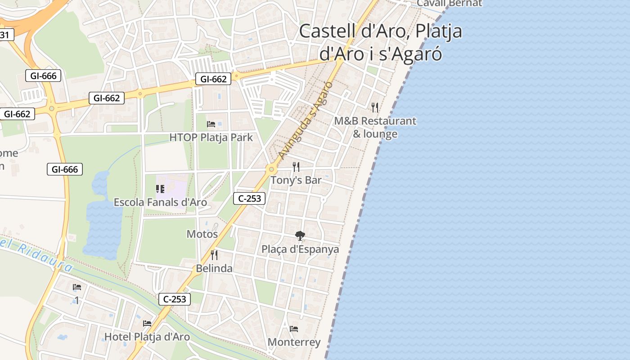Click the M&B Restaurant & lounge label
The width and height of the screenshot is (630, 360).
[375, 127]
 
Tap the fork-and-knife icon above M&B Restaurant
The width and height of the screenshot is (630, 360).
[375, 108]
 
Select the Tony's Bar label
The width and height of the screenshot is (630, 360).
[296, 180]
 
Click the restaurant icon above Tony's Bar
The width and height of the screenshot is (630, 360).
[296, 167]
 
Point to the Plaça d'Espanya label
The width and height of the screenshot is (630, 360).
[300, 249]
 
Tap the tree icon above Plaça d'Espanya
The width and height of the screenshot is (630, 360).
[300, 235]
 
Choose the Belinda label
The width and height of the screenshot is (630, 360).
[214, 268]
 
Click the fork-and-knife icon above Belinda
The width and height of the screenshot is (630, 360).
[214, 255]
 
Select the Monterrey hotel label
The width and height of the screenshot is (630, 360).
[294, 342]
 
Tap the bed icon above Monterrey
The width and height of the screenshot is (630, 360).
[294, 329]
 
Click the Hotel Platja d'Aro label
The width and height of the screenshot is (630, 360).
[147, 337]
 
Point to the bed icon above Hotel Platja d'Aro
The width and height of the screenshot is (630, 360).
[147, 323]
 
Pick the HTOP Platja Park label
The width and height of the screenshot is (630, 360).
[211, 137]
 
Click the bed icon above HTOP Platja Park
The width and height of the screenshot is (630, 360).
[211, 124]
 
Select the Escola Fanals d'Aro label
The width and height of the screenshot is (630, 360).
[160, 202]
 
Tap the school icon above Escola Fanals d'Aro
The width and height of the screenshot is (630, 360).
[160, 189]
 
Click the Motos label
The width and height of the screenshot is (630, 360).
[202, 234]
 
